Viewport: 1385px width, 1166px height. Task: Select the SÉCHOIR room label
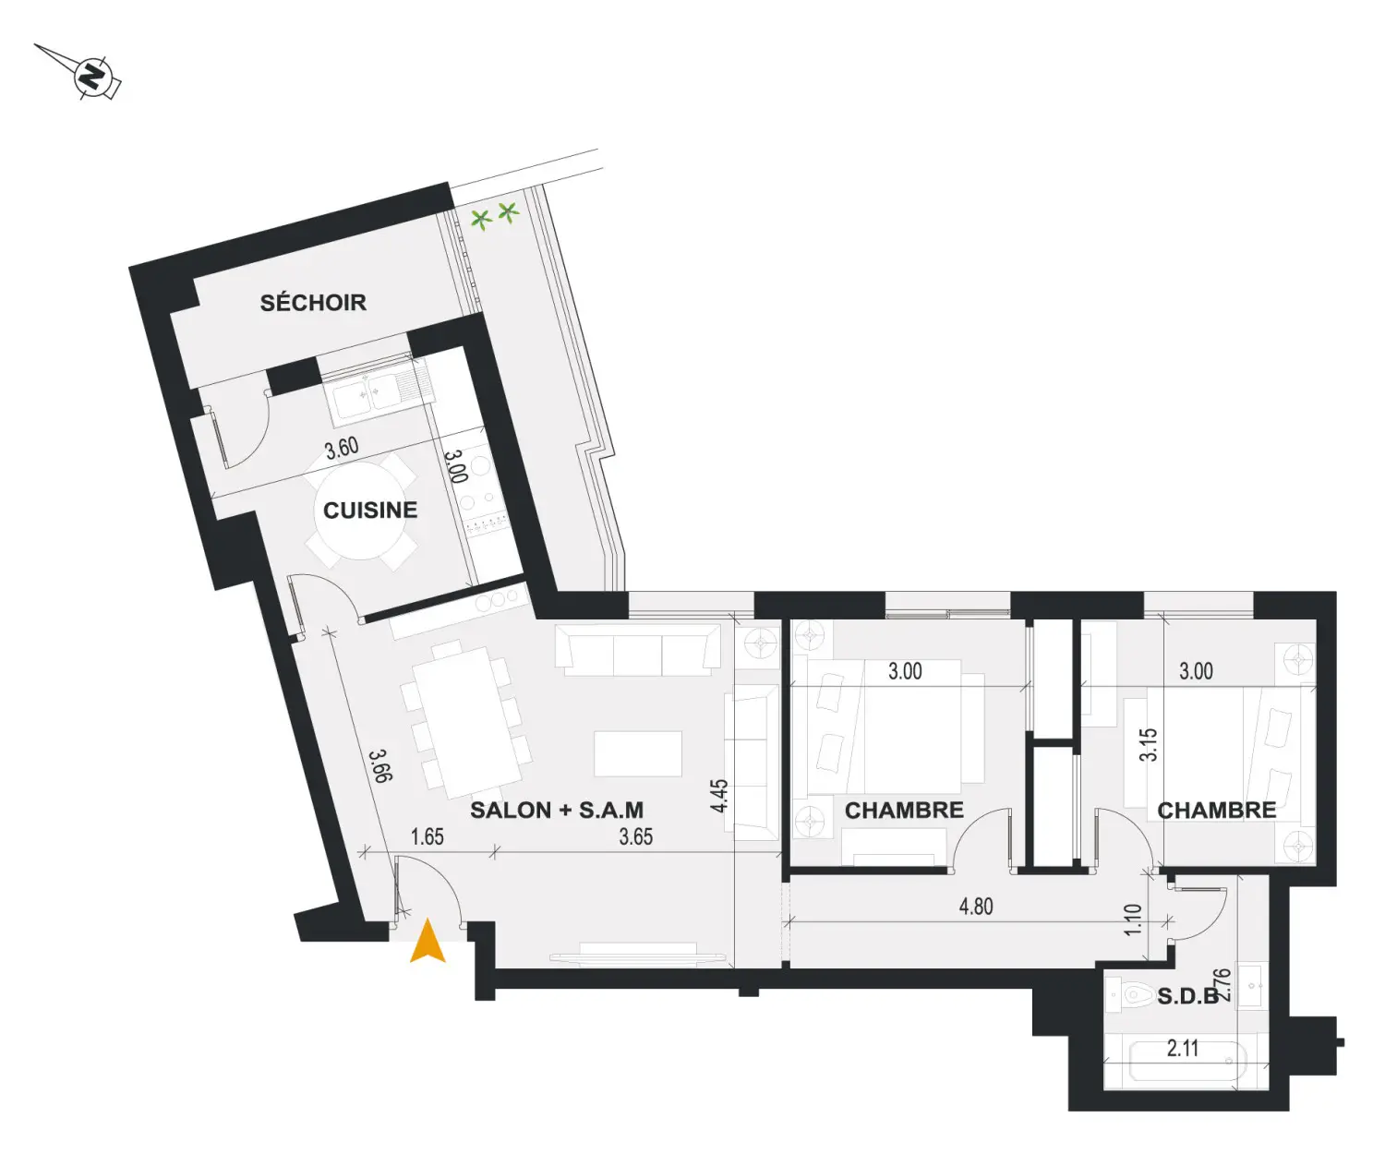(x=313, y=303)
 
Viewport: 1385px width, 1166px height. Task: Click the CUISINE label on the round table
(x=370, y=510)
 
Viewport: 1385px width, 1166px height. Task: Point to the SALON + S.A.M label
(x=557, y=810)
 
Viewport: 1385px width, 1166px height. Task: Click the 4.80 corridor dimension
(x=976, y=906)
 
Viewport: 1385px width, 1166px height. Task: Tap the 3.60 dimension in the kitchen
(x=342, y=449)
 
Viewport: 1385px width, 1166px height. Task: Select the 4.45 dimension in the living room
(x=719, y=795)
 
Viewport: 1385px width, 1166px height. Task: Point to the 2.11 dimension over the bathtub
(x=1183, y=1049)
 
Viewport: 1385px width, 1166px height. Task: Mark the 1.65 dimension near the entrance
(x=428, y=837)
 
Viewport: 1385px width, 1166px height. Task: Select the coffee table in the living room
(x=637, y=753)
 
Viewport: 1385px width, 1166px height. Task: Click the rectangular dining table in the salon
(x=466, y=722)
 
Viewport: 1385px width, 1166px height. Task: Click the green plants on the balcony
(x=495, y=215)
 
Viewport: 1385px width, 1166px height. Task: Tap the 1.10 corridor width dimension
(x=1133, y=920)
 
